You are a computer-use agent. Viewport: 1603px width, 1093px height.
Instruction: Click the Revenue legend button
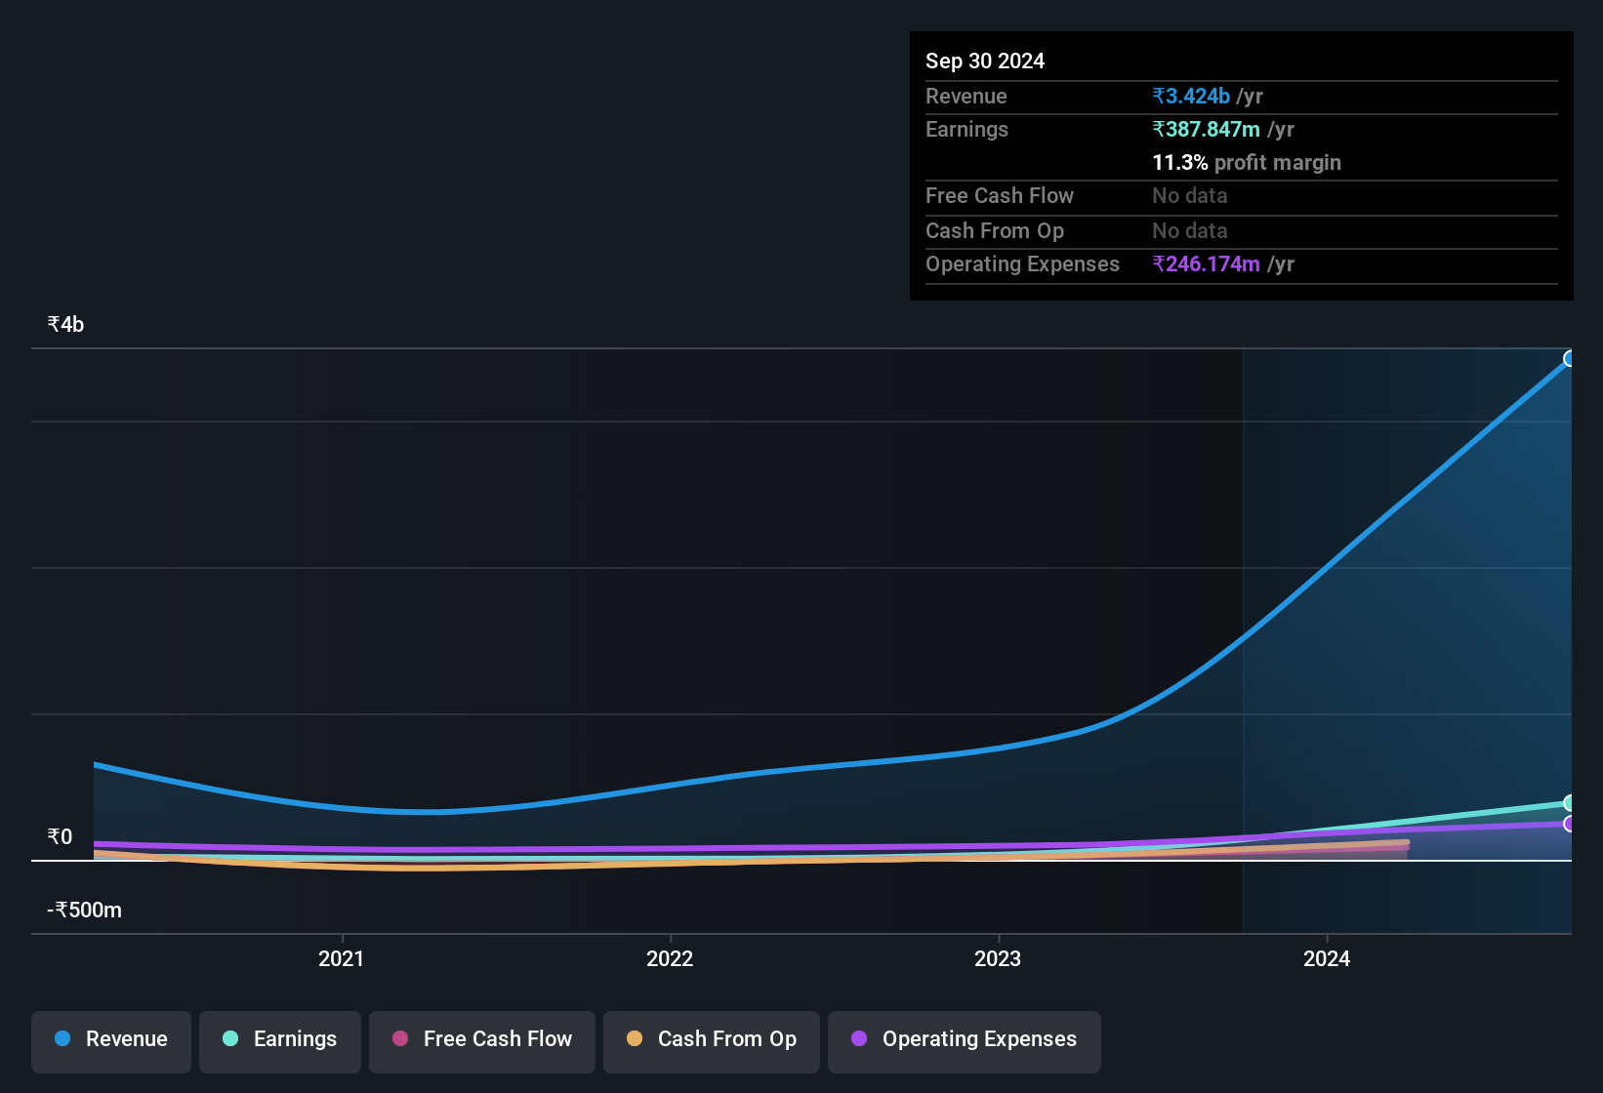111,1039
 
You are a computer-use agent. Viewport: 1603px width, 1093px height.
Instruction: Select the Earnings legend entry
280,1039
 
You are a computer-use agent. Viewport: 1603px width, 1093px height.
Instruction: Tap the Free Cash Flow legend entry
482,1039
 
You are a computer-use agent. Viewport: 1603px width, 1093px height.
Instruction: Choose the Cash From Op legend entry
712,1039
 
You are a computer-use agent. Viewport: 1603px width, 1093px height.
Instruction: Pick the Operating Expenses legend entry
965,1039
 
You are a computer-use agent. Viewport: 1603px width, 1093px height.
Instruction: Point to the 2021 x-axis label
341,958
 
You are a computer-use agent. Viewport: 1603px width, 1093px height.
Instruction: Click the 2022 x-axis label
670,958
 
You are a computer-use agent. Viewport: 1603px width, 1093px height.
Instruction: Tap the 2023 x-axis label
998,958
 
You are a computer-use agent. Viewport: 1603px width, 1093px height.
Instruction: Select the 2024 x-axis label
1327,958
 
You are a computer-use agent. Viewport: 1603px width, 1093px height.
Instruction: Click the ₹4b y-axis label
65,324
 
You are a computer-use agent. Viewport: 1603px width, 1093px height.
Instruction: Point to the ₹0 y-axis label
60,836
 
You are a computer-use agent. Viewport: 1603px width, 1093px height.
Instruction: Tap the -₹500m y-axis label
84,910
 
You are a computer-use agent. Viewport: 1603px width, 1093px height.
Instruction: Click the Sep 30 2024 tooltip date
984,61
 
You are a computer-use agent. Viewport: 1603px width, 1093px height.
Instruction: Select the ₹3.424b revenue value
1191,96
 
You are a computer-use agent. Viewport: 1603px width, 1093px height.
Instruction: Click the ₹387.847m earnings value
1206,129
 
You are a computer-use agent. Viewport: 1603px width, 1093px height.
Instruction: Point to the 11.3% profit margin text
1246,162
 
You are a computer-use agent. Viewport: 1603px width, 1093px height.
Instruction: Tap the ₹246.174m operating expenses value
1206,263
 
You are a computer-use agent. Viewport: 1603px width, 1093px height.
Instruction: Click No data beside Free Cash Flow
1189,195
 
